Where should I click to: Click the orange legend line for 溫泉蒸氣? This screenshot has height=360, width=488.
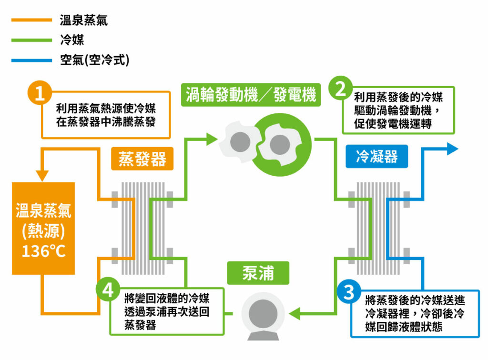pyautogui.click(x=31, y=20)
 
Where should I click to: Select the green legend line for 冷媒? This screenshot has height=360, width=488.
pyautogui.click(x=31, y=40)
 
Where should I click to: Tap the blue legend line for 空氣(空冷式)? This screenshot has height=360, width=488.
pyautogui.click(x=31, y=60)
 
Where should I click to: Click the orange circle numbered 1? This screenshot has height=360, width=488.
pyautogui.click(x=40, y=93)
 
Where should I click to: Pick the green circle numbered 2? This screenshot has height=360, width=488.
pyautogui.click(x=341, y=88)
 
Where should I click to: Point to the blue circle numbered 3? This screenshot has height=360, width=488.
pyautogui.click(x=349, y=292)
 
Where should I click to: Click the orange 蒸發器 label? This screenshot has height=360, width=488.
pyautogui.click(x=142, y=159)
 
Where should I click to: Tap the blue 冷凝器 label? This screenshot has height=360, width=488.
pyautogui.click(x=377, y=156)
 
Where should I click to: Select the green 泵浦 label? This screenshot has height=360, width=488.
pyautogui.click(x=258, y=273)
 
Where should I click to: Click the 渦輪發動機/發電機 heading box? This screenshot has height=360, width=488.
pyautogui.click(x=251, y=95)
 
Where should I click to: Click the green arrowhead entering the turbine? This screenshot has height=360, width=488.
pyautogui.click(x=212, y=139)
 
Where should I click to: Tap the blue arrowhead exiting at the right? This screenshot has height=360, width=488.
pyautogui.click(x=453, y=149)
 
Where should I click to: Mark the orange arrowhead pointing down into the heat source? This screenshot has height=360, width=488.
pyautogui.click(x=42, y=176)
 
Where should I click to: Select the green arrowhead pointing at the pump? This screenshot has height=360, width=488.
pyautogui.click(x=295, y=313)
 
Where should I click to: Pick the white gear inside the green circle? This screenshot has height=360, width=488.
pyautogui.click(x=279, y=145)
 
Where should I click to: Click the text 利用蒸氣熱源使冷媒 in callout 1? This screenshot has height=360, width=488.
pyautogui.click(x=106, y=109)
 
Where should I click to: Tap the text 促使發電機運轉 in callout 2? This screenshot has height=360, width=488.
pyautogui.click(x=393, y=124)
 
